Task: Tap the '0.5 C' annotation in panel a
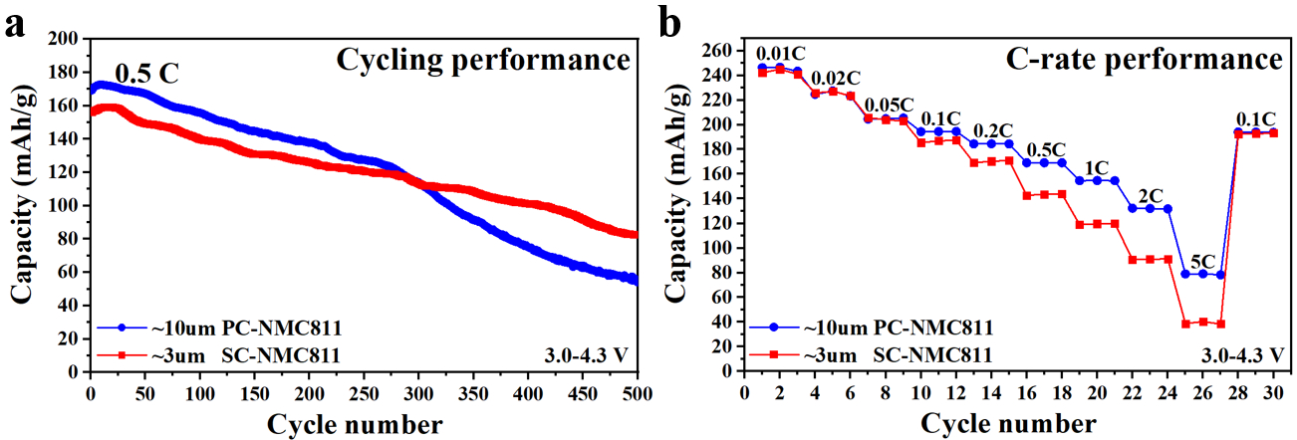[x=147, y=75]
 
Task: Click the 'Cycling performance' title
[x=483, y=60]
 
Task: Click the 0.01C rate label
[x=781, y=54]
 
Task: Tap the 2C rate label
[x=1151, y=195]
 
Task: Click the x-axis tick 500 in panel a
[x=637, y=390]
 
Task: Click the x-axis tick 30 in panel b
[x=1273, y=390]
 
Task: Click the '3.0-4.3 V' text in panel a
[x=586, y=355]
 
